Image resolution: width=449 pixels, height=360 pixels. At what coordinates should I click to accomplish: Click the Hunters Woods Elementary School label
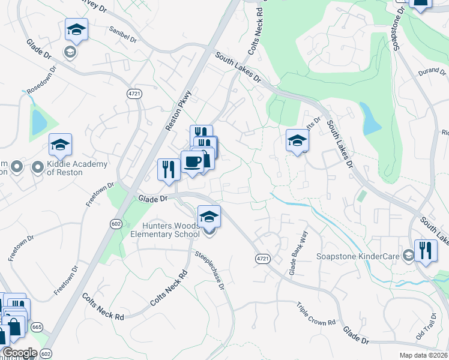tap(165, 229)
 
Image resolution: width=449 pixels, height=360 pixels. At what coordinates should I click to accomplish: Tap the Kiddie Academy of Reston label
tap(77, 168)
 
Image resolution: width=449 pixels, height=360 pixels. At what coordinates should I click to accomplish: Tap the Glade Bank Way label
tap(298, 253)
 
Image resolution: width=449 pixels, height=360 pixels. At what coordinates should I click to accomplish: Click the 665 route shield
tap(37, 327)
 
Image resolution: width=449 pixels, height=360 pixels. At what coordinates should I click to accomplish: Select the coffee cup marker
tap(193, 162)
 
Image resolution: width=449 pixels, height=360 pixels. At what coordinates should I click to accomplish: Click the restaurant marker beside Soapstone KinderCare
tap(426, 250)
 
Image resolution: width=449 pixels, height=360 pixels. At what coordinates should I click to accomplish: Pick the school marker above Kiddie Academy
tap(60, 144)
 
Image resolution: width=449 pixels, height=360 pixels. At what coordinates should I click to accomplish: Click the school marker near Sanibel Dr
tap(76, 29)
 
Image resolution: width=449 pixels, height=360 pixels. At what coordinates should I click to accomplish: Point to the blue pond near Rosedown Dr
tap(39, 122)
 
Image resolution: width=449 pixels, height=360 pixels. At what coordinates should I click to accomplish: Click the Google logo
tap(20, 353)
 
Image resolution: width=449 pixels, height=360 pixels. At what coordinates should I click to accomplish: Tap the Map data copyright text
tap(423, 355)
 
